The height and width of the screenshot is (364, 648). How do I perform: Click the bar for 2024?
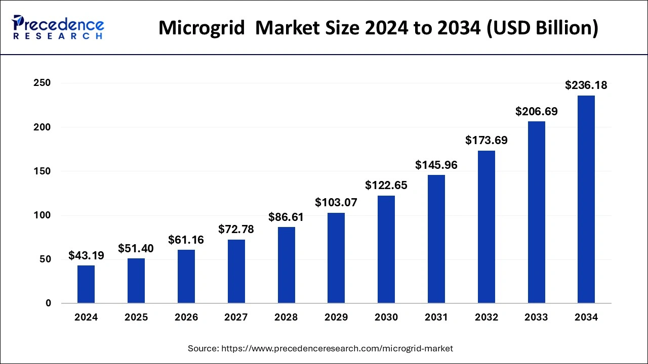click(86, 284)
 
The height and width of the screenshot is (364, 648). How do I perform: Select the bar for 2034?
click(586, 200)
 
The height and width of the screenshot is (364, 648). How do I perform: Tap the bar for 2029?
click(336, 258)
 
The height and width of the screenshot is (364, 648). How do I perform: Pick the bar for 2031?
click(436, 239)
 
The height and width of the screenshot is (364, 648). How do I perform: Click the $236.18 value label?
click(586, 86)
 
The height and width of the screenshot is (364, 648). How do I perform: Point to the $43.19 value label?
click(86, 256)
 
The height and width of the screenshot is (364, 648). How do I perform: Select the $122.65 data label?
click(386, 186)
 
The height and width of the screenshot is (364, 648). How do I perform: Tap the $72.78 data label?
click(236, 230)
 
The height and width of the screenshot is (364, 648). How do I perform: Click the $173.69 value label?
click(487, 141)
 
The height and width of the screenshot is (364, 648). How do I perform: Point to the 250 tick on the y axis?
click(42, 83)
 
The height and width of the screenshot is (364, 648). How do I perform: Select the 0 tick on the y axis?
click(48, 303)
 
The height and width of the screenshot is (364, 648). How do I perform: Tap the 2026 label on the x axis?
click(186, 317)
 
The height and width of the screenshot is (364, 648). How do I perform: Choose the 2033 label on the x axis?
click(536, 317)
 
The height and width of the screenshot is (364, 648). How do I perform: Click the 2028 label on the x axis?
click(286, 317)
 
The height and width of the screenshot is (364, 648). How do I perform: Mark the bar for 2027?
click(236, 271)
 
